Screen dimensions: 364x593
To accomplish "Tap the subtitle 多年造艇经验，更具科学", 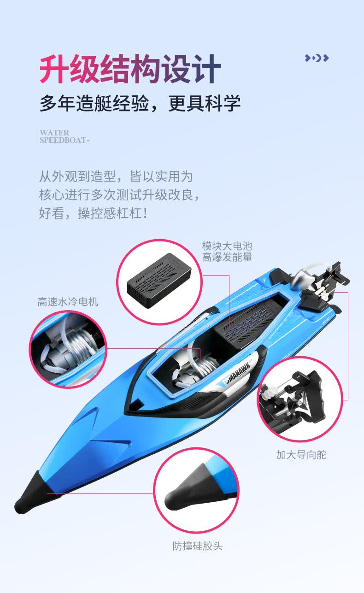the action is coord(140,103).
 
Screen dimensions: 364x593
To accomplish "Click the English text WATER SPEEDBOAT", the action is coord(65,136).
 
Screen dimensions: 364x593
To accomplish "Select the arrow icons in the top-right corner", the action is coord(317,58).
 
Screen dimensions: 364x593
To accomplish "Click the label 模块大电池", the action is coord(227,246).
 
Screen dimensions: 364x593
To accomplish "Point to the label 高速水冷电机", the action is coord(68,301).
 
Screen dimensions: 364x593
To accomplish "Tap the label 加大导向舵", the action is coord(301,455).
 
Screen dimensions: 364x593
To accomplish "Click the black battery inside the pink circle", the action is coord(159,281).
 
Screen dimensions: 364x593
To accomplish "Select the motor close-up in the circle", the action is coord(68,349).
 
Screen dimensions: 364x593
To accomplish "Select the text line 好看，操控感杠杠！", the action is coord(93,213).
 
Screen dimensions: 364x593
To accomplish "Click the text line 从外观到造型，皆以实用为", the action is coord(116,176).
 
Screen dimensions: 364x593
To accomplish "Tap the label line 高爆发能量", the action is coord(227,257).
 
